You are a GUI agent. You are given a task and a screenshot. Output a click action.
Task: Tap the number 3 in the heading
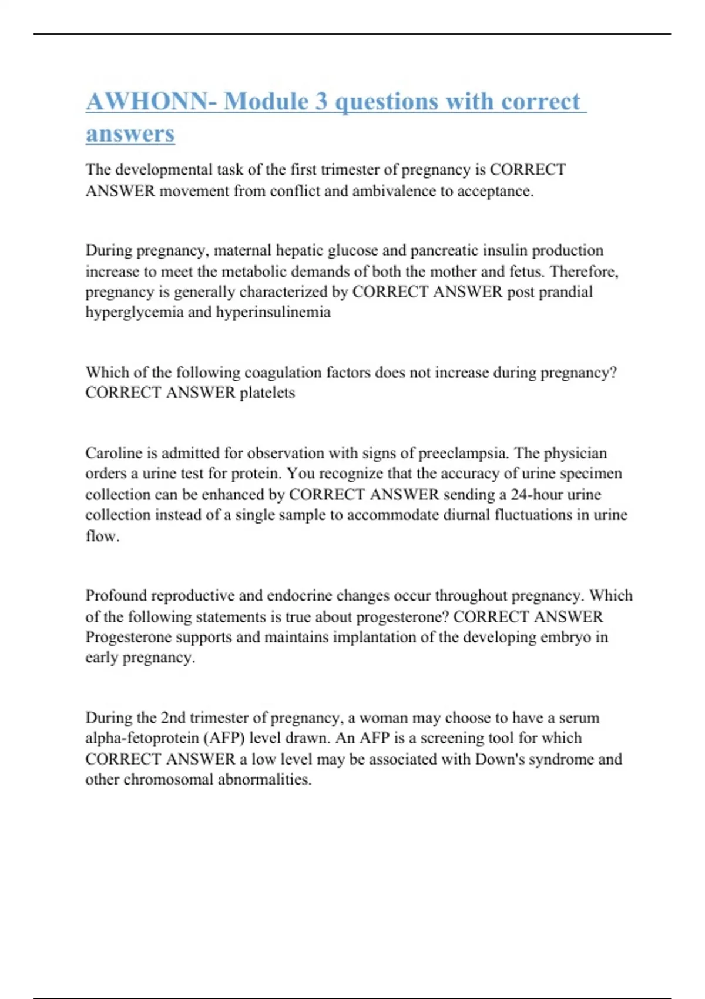[x=321, y=102]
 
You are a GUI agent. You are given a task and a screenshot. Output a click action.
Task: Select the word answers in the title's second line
[x=130, y=134]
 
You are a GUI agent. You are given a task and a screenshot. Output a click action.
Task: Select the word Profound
[x=116, y=596]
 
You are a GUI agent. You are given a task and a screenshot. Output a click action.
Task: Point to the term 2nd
[x=173, y=718]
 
